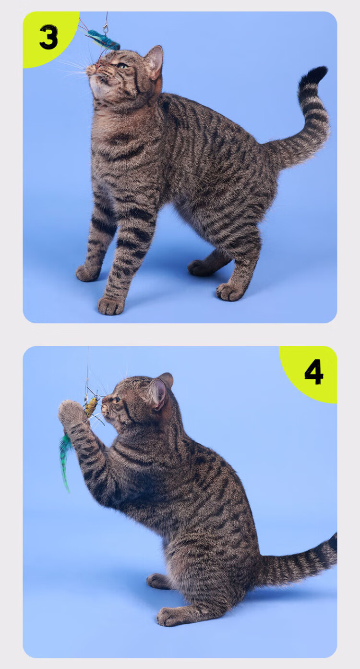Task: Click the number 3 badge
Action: click(48, 37)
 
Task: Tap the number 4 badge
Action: click(314, 372)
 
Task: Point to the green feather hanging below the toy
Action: click(65, 456)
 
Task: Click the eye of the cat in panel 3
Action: click(122, 65)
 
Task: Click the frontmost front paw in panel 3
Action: click(110, 305)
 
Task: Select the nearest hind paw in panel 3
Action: click(229, 291)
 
